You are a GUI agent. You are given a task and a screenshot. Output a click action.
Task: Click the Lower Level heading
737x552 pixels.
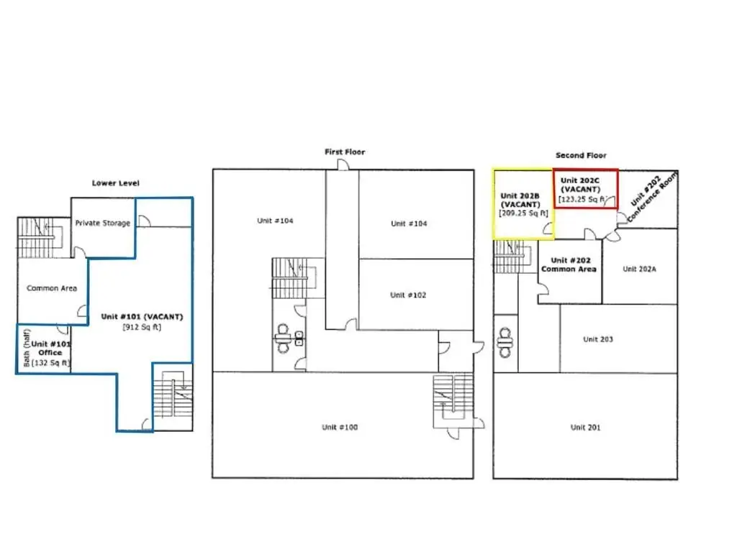pos(116,183)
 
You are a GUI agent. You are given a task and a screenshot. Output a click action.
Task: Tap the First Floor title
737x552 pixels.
pos(345,152)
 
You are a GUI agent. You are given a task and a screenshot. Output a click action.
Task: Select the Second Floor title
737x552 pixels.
pos(581,155)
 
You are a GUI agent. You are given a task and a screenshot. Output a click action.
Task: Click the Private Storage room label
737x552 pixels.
pos(102,223)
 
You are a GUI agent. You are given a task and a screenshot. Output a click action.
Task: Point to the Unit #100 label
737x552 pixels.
pos(340,427)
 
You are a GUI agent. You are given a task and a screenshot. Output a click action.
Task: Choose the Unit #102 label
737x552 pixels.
pos(408,295)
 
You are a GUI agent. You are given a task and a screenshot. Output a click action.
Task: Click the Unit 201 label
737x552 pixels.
pos(585,427)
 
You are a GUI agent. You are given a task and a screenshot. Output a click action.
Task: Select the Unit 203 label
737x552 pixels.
pos(598,339)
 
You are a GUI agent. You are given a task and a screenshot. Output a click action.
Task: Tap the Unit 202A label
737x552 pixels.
pos(639,269)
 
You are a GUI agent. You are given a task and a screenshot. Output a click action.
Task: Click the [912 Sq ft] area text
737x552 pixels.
pos(142,327)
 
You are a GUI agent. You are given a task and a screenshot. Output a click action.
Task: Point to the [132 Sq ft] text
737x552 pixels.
pos(51,363)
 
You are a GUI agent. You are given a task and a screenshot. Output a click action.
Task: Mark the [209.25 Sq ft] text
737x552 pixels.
pos(524,213)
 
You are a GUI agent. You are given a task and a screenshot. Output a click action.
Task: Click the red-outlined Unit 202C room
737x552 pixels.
pos(586,189)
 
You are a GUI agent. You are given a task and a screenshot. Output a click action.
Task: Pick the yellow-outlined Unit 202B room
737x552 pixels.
pos(523,204)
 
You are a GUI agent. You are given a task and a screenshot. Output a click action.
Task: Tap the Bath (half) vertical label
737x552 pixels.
pos(27,348)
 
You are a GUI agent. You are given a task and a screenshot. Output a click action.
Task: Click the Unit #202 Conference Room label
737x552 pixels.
pos(653,196)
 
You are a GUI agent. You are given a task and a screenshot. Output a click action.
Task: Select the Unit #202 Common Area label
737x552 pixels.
pos(569,264)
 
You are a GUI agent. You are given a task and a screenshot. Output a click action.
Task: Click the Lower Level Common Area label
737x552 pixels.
pos(52,288)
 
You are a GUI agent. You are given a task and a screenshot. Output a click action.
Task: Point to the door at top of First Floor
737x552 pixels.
pos(343,165)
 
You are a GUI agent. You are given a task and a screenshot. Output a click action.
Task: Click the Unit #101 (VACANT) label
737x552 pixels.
pos(142,316)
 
